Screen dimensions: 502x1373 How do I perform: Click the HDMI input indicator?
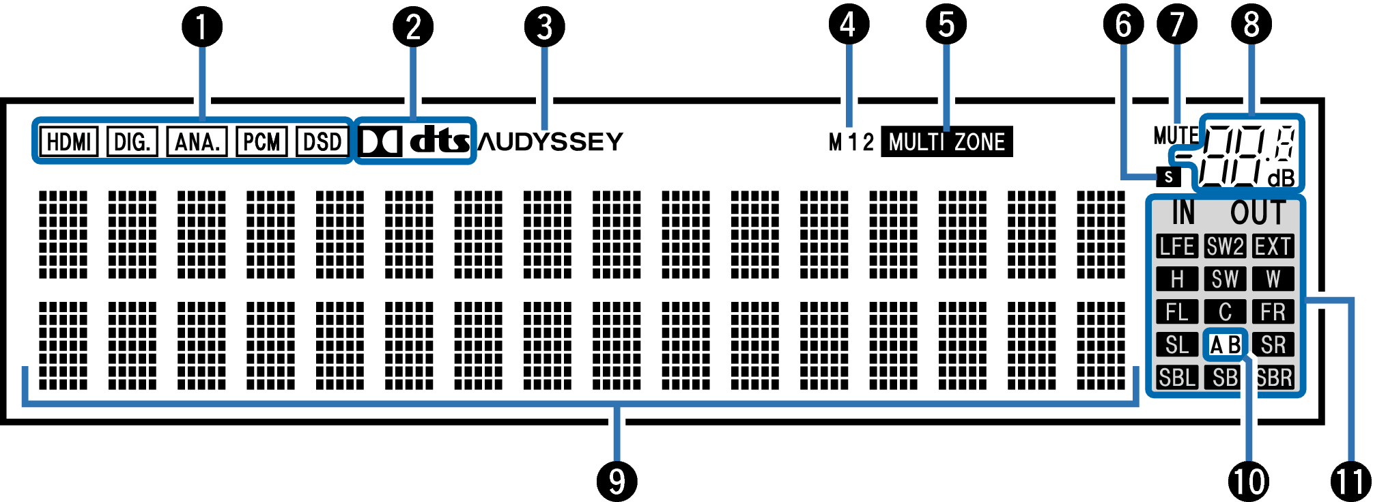(x=69, y=142)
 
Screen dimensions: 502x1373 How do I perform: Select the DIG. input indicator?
(x=132, y=142)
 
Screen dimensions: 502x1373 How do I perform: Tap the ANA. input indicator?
(x=197, y=142)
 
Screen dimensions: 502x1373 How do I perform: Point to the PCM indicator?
(x=261, y=142)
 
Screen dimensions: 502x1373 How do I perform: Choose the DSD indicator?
(x=322, y=142)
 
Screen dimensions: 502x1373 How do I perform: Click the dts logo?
(x=440, y=141)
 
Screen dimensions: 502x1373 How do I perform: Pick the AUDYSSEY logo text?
(x=551, y=142)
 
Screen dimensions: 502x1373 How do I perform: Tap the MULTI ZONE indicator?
(x=946, y=142)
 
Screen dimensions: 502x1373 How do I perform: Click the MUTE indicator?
(x=1175, y=135)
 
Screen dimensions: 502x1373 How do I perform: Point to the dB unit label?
(x=1281, y=179)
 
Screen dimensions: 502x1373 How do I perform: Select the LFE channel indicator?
(x=1176, y=247)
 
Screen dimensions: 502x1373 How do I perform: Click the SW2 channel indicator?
(x=1225, y=247)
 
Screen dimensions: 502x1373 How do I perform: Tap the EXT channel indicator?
(x=1273, y=247)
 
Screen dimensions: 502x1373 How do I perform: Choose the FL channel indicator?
(x=1176, y=312)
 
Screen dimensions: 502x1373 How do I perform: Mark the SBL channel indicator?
(x=1176, y=378)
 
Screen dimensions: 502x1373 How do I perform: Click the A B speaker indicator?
(x=1225, y=345)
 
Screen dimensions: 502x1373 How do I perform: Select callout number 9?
(x=617, y=482)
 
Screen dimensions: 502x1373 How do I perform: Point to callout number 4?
(x=848, y=25)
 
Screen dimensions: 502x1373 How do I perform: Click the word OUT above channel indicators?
(x=1258, y=213)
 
